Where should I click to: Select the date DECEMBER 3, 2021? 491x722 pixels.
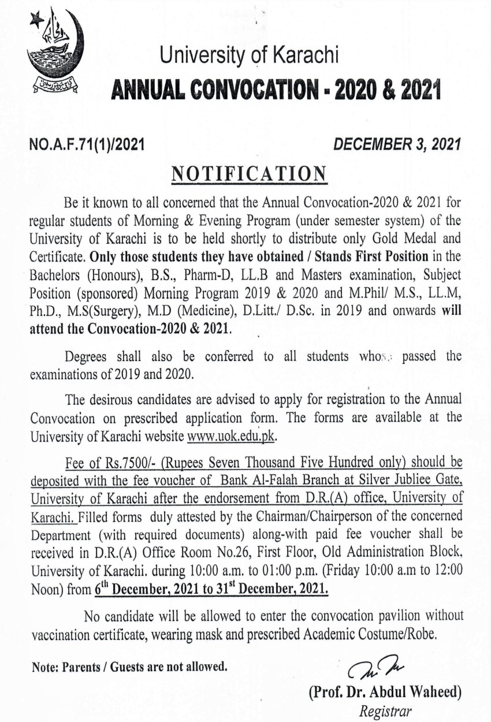pos(399,146)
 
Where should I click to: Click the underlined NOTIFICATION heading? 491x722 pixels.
pos(249,173)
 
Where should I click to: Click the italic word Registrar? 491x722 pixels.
pos(385,711)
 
